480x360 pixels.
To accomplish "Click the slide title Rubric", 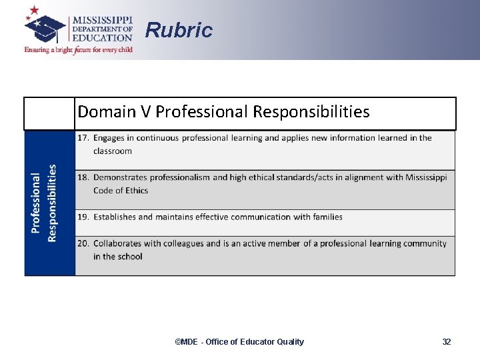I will [179, 30].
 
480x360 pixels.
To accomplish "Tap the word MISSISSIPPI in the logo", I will [102, 19].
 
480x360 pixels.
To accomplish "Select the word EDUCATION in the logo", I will [102, 38].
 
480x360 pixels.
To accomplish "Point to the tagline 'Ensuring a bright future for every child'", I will [79, 50].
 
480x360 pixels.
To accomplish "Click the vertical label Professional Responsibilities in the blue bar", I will [44, 203].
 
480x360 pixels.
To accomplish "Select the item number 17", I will [83, 138].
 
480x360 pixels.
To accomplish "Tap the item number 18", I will [83, 177].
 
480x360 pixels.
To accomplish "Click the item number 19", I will [83, 217].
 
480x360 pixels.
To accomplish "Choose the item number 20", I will [83, 243].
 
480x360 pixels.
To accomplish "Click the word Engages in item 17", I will [111, 138].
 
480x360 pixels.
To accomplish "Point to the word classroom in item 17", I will [113, 151].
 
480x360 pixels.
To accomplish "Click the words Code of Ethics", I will [121, 190].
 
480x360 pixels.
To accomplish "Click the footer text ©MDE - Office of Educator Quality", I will [239, 342].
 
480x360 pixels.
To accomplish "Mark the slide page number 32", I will [446, 342].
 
